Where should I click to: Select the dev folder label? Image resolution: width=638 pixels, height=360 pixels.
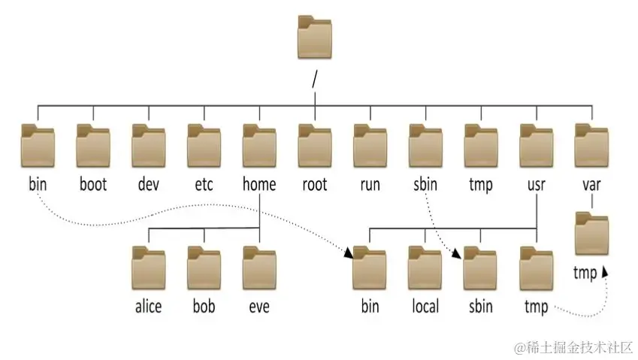[149, 183]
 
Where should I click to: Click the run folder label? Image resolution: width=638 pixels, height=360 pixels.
[370, 183]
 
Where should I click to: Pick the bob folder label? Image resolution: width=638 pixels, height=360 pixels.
[203, 306]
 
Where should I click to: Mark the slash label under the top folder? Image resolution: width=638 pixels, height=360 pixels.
[315, 77]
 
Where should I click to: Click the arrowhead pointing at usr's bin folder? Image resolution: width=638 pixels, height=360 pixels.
[349, 256]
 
